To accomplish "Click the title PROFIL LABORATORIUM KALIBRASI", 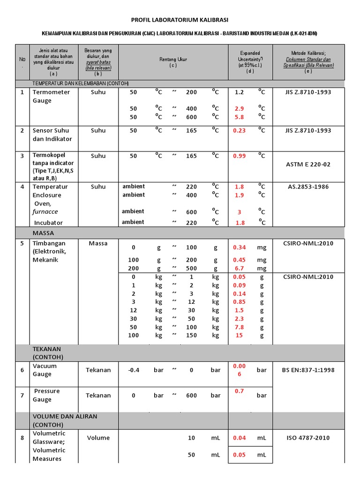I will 180,20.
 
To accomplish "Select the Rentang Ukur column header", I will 172,62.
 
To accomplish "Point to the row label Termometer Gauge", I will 51,96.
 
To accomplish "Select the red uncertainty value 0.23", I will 239,131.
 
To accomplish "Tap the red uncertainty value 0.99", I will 239,156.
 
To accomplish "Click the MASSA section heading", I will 43,232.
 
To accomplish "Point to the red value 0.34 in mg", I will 240,247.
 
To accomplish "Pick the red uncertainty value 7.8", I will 240,327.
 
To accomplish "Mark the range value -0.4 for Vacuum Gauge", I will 134,370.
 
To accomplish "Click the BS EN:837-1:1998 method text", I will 308,370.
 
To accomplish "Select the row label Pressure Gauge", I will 46,395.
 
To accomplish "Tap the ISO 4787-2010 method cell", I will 308,438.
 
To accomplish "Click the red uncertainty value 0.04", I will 240,438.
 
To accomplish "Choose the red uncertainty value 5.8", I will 240,117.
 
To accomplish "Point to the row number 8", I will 22,438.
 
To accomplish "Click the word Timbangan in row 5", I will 49,243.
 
